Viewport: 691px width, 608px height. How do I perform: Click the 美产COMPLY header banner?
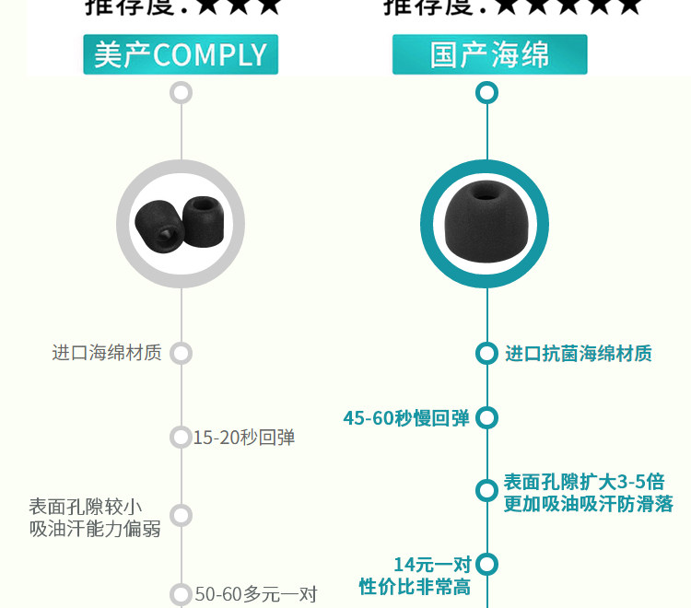(x=181, y=54)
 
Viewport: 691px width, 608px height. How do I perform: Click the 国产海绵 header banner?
(x=489, y=54)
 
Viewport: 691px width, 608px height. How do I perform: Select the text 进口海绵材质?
(x=107, y=353)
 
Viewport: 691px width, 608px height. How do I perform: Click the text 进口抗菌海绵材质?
(x=578, y=354)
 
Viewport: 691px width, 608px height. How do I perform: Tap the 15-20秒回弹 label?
(x=244, y=438)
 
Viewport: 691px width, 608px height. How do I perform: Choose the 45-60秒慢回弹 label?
(x=406, y=418)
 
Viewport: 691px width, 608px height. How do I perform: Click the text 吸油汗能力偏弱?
(x=95, y=528)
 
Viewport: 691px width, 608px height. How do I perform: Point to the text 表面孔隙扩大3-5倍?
(x=584, y=482)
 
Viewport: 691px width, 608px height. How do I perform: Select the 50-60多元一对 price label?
(x=256, y=594)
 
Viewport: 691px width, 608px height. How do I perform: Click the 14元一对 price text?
(x=432, y=564)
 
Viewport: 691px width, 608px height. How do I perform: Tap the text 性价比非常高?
(x=415, y=587)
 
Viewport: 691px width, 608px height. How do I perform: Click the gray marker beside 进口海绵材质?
(x=181, y=353)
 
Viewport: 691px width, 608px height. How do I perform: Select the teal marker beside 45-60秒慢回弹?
(x=486, y=418)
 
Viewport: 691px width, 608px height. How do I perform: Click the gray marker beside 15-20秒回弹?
(x=181, y=437)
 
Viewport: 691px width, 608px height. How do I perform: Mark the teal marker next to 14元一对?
(x=486, y=564)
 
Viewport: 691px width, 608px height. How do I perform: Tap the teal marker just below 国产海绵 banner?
(x=486, y=92)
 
